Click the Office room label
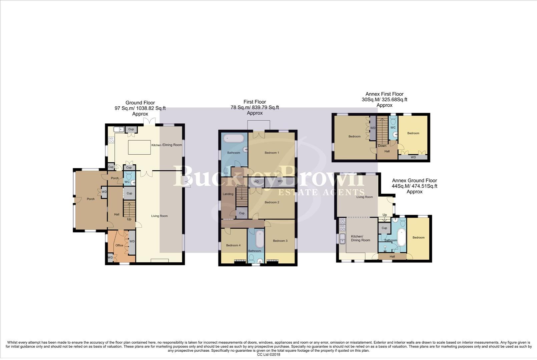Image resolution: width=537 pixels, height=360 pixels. pyautogui.click(x=119, y=245)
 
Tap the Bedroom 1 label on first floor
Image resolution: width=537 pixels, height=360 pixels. pyautogui.click(x=272, y=153)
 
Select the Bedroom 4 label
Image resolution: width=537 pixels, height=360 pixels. pyautogui.click(x=233, y=245)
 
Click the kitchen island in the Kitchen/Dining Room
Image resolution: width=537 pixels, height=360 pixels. pyautogui.click(x=139, y=147)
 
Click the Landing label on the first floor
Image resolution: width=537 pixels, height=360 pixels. pyautogui.click(x=228, y=194)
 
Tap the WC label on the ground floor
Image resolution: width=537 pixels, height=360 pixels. pyautogui.click(x=127, y=182)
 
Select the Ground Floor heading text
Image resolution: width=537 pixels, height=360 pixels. pyautogui.click(x=140, y=103)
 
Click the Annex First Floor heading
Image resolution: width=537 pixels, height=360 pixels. pyautogui.click(x=384, y=94)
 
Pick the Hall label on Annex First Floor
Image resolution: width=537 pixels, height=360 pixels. pyautogui.click(x=387, y=151)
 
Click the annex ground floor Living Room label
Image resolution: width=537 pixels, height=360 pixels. pyautogui.click(x=365, y=197)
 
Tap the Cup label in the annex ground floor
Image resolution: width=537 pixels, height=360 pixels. pyautogui.click(x=384, y=228)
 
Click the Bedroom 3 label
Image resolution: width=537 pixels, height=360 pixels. pyautogui.click(x=280, y=241)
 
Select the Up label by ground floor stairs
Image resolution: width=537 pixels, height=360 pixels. pyautogui.click(x=129, y=219)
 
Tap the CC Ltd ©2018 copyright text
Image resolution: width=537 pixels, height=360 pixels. pyautogui.click(x=268, y=354)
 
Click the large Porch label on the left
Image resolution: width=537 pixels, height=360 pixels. pyautogui.click(x=91, y=199)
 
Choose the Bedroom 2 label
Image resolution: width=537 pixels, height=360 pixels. pyautogui.click(x=272, y=202)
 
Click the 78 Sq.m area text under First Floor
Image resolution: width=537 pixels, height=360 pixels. pyautogui.click(x=254, y=107)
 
